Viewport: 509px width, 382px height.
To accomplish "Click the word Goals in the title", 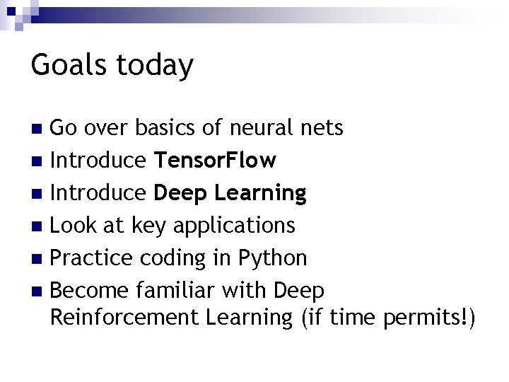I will coord(69,66).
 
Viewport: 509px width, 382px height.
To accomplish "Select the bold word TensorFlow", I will coord(215,161).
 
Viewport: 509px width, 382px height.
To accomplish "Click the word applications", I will coord(233,226).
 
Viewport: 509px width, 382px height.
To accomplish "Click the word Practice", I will coord(90,257).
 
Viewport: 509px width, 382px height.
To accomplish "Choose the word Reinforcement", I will coord(125,318).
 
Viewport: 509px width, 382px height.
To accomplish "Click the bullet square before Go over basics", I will coord(40,129).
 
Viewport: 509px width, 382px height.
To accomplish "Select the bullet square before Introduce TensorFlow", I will coord(40,161).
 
